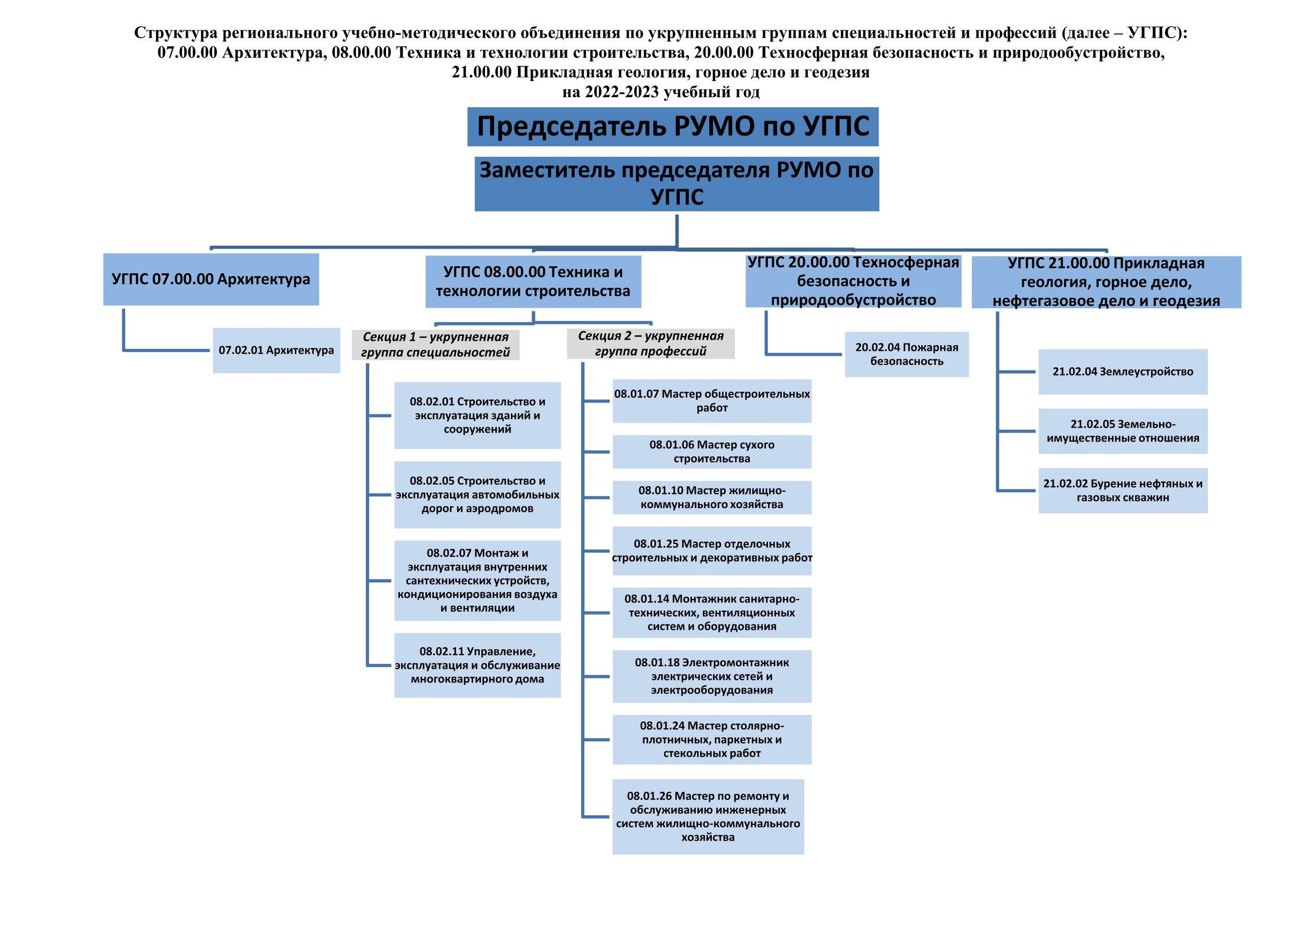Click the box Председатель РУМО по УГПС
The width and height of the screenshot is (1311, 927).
673,126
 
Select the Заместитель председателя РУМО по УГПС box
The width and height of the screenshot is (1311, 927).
676,184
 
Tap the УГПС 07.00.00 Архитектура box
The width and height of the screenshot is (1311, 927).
211,279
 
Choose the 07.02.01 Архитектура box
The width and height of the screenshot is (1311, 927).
276,351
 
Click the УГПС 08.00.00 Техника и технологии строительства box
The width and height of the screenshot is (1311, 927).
533,282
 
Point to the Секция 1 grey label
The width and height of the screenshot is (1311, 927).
435,345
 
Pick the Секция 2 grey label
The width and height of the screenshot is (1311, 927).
651,344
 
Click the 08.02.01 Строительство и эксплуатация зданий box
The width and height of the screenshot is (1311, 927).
478,415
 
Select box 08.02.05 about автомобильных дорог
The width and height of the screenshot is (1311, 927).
478,495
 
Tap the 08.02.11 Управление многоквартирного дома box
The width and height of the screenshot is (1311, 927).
478,665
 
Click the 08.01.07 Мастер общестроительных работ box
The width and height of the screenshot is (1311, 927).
712,401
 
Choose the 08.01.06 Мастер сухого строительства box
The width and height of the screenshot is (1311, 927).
712,452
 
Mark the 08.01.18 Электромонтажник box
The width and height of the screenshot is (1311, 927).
712,676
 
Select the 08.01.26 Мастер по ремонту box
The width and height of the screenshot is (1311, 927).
708,817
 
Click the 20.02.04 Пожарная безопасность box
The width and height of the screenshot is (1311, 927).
907,355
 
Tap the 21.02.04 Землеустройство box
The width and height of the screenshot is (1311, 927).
1123,372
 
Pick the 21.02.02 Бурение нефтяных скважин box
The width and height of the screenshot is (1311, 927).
1123,491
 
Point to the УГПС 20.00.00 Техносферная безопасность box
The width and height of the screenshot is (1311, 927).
853,281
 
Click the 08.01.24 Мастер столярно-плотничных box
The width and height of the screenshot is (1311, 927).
712,740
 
